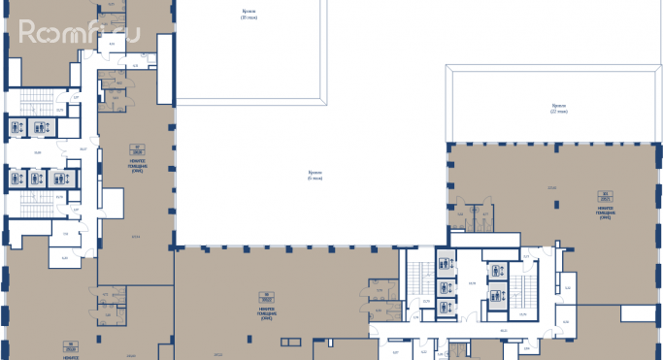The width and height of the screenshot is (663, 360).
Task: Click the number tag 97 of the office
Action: tap(137, 148)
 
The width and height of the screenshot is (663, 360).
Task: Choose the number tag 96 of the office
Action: tap(70, 343)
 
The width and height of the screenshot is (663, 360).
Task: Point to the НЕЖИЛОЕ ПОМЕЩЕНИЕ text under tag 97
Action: tap(137, 161)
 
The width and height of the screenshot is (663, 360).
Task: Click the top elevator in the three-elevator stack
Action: tap(446, 262)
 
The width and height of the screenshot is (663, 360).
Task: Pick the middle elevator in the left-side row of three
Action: tap(36, 179)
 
